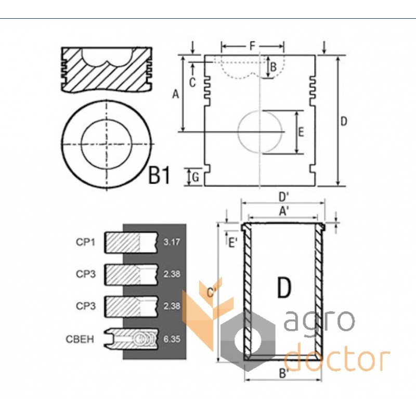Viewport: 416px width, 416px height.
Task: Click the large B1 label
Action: coord(159,175)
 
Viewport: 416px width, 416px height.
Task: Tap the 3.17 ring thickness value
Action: coord(172,242)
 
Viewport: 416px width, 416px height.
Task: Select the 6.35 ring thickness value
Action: coord(172,339)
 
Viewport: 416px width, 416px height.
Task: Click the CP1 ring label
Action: coord(85,242)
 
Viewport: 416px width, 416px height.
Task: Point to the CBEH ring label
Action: coord(80,340)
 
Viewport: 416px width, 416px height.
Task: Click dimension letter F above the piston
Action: coord(252,46)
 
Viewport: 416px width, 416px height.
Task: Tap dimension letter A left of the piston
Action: coord(176,94)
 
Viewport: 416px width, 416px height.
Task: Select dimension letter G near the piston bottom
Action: coord(196,177)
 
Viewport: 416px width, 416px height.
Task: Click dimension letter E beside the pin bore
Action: coord(301,132)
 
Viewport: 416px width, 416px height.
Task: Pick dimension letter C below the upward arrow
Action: coord(192,83)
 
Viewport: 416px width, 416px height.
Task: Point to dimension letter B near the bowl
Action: coord(274,67)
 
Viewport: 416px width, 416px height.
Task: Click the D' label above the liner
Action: coord(283,197)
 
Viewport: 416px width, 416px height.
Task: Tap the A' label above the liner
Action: coord(283,211)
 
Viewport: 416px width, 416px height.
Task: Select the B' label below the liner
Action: coord(283,373)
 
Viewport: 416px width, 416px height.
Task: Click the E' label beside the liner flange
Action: coord(233,243)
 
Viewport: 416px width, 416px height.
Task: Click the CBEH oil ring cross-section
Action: coord(131,339)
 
